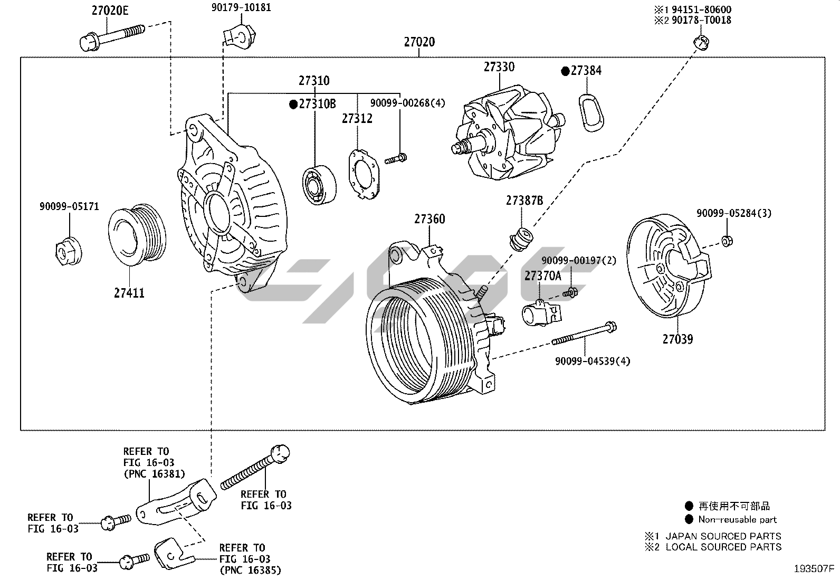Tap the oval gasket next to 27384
pos(590,112)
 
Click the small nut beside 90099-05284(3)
pos(727,241)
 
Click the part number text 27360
pos(429,218)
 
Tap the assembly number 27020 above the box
pos(419,42)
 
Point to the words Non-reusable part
pos(737,519)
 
